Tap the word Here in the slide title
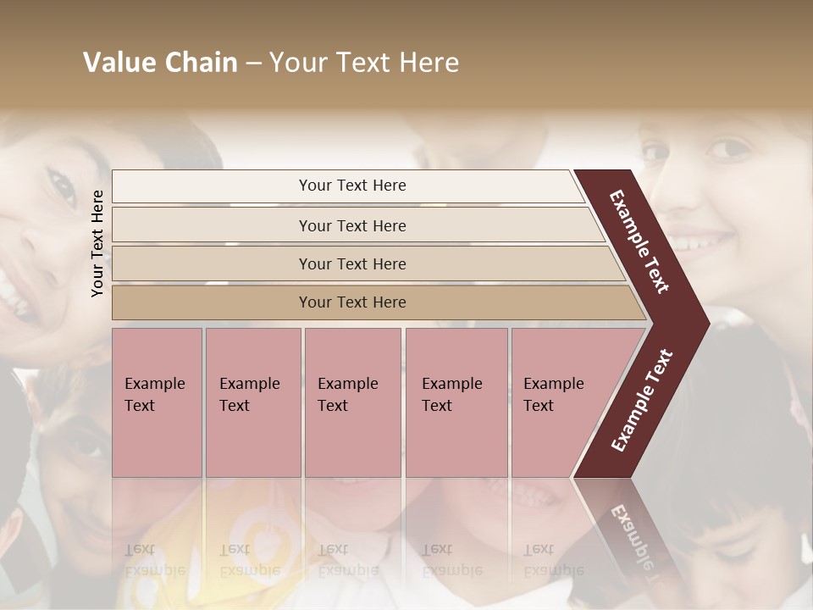pyautogui.click(x=428, y=63)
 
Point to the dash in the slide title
pyautogui.click(x=253, y=64)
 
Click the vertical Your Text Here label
pyautogui.click(x=97, y=243)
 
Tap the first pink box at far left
pyautogui.click(x=157, y=402)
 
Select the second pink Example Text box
pyautogui.click(x=253, y=402)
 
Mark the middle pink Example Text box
pyautogui.click(x=352, y=402)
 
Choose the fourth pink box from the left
pyautogui.click(x=456, y=402)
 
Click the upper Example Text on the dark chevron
pyautogui.click(x=640, y=241)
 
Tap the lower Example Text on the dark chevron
pyautogui.click(x=642, y=400)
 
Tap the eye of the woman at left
pyautogui.click(x=61, y=186)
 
